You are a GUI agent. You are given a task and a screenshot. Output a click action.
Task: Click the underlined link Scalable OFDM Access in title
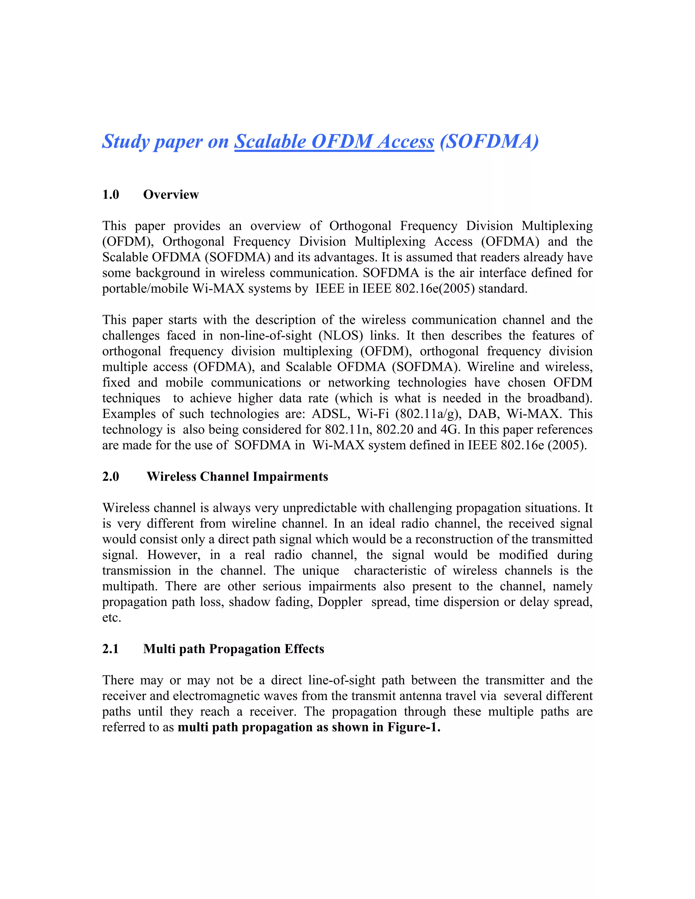pyautogui.click(x=334, y=141)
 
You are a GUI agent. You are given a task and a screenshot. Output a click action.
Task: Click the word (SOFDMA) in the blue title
pyautogui.click(x=489, y=141)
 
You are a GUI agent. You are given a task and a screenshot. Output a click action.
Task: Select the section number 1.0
pyautogui.click(x=110, y=194)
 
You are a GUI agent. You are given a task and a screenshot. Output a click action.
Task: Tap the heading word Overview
pyautogui.click(x=171, y=194)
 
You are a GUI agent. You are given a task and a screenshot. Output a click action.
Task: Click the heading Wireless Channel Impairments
pyautogui.click(x=237, y=476)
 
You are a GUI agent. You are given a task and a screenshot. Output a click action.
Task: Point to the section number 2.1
pyautogui.click(x=110, y=649)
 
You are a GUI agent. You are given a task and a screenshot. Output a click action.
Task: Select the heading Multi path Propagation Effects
pyautogui.click(x=233, y=649)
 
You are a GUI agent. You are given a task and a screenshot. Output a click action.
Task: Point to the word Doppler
pyautogui.click(x=340, y=602)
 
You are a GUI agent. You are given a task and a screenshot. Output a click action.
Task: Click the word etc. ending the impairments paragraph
pyautogui.click(x=112, y=617)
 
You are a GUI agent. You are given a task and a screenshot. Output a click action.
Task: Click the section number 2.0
pyautogui.click(x=110, y=476)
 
